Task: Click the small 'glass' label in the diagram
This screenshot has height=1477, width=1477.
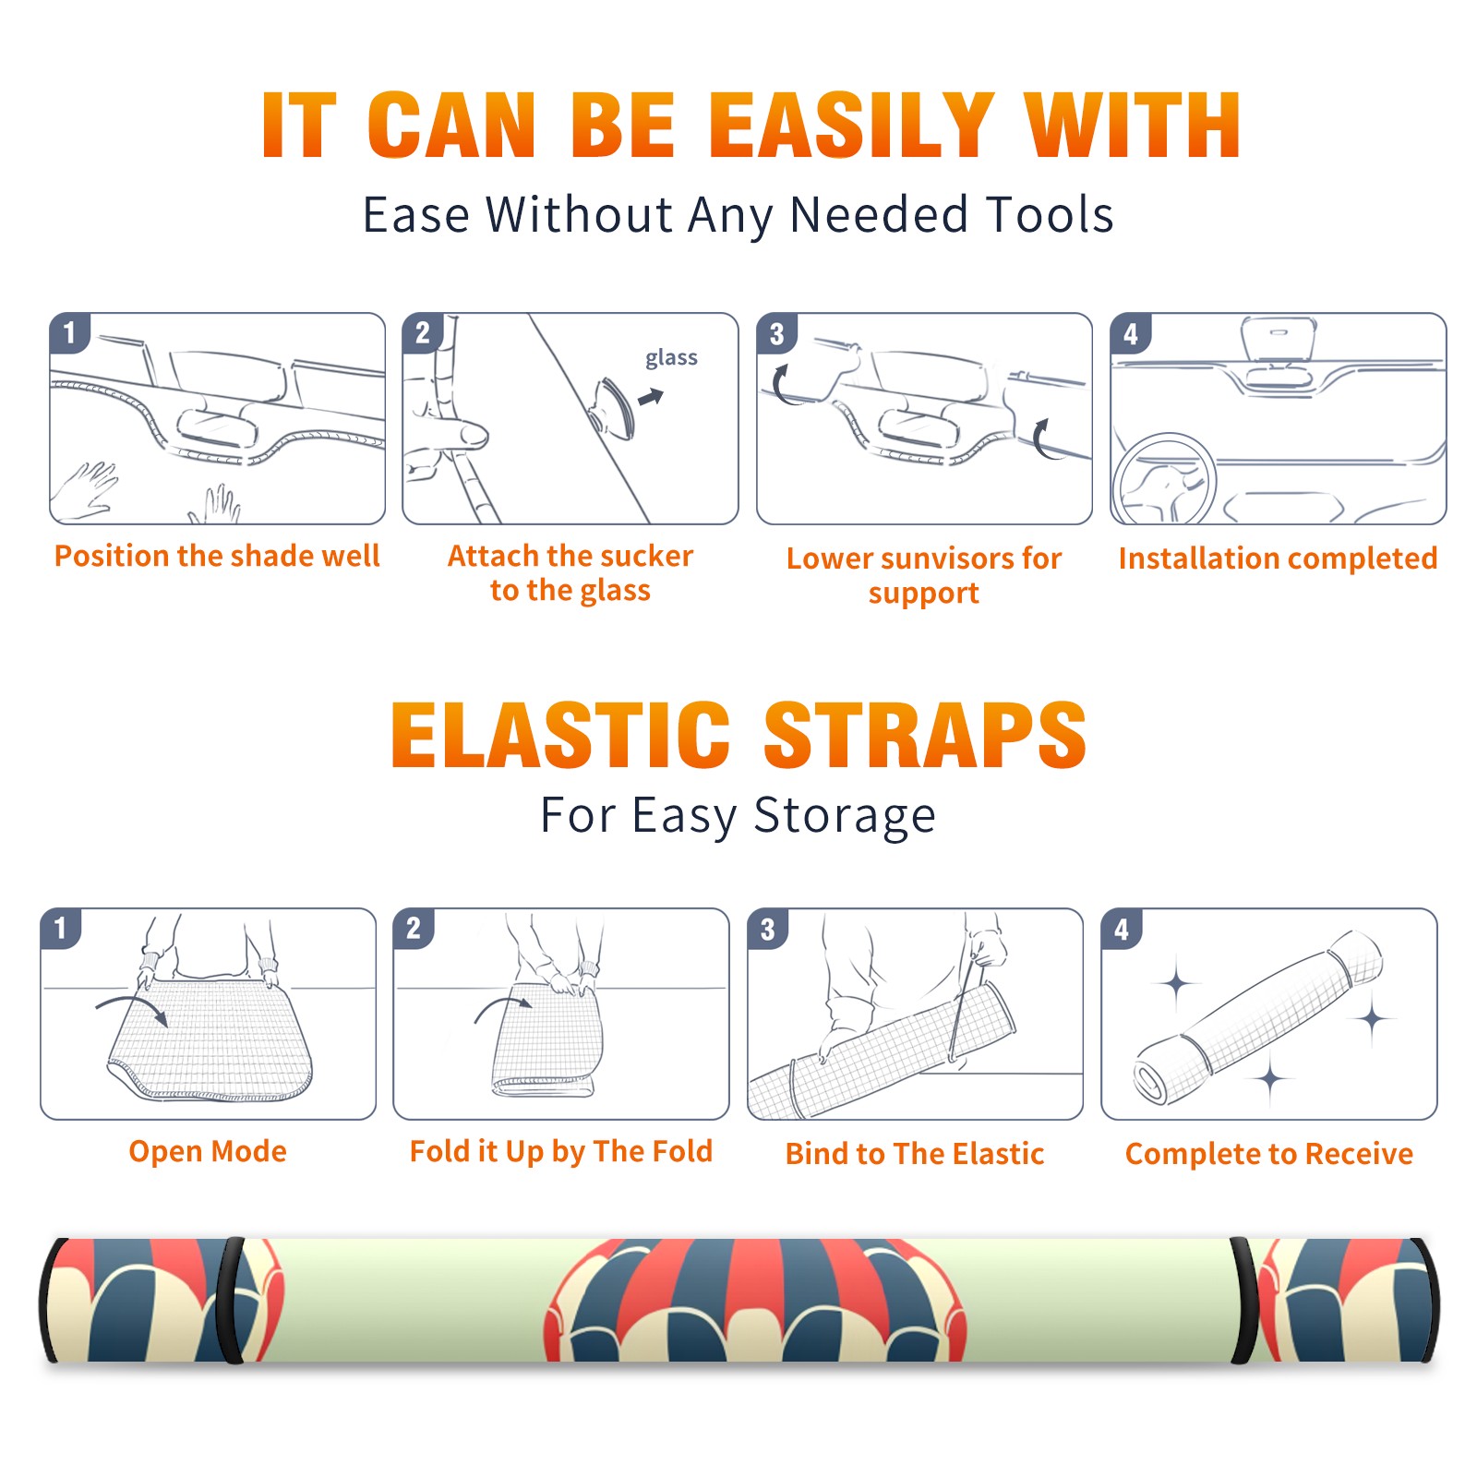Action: (x=671, y=358)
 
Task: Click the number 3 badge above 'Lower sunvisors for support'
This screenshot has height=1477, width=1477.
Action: (x=776, y=333)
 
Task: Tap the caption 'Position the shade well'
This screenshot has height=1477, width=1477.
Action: (x=217, y=556)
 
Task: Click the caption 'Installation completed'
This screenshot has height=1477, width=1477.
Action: (x=1278, y=558)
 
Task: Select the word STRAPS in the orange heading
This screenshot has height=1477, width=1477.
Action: (x=925, y=735)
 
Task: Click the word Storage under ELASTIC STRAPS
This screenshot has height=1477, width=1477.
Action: (x=845, y=816)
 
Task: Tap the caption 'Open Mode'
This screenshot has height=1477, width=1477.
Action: (x=208, y=1151)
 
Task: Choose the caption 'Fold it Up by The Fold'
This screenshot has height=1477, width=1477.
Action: (x=561, y=1151)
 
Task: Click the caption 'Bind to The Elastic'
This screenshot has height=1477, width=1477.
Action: (x=915, y=1154)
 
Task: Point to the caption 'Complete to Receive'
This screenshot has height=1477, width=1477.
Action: (x=1269, y=1154)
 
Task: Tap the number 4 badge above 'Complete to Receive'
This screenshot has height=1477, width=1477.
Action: (x=1121, y=929)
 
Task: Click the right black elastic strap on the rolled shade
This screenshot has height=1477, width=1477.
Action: (x=1244, y=1300)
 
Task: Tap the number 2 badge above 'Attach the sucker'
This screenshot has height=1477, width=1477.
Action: (x=423, y=333)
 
